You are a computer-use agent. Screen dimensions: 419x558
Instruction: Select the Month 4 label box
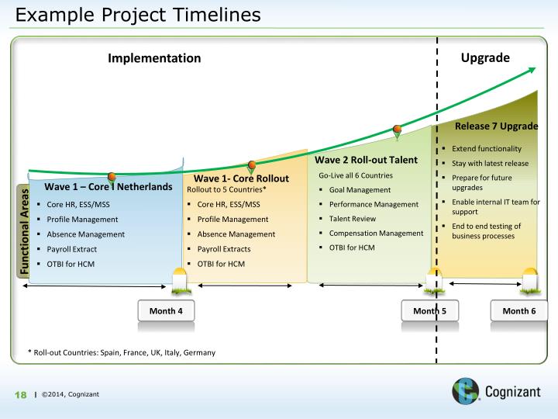(165, 310)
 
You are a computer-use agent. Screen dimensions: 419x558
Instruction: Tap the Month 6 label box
(518, 310)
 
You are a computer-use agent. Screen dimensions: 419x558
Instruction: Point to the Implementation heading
(154, 58)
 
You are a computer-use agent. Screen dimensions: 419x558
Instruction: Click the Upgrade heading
(485, 57)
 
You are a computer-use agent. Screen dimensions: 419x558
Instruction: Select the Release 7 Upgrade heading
(496, 126)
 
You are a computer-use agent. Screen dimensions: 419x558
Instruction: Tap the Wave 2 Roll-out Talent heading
(367, 160)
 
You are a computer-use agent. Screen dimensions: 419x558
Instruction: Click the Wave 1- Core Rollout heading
(241, 178)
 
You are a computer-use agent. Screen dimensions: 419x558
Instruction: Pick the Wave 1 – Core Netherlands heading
(108, 187)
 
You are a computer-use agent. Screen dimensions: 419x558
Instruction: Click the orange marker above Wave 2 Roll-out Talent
(398, 130)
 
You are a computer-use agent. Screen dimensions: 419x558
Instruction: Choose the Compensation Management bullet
(376, 233)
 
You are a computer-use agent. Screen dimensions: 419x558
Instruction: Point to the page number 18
(22, 395)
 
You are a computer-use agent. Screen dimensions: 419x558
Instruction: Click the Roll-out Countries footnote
(121, 352)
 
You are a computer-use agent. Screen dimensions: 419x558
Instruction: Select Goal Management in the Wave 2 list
(360, 189)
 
